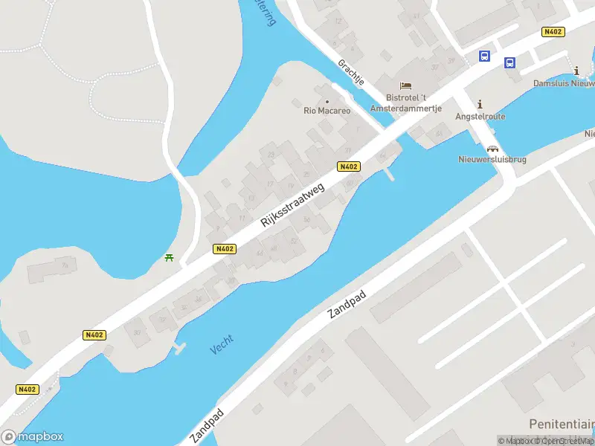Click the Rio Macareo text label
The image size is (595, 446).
tap(327, 111)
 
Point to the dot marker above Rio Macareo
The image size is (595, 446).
tap(327, 101)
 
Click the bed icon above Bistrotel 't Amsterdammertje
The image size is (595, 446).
tap(405, 86)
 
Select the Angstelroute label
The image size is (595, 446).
tap(480, 117)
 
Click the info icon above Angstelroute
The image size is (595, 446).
tap(480, 104)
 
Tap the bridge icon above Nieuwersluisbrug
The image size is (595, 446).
tap(492, 148)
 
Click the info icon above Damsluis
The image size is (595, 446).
tap(577, 71)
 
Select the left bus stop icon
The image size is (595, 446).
tap(484, 56)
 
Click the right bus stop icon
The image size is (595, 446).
tap(510, 63)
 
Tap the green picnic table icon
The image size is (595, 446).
tap(170, 258)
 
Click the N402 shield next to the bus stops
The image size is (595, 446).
tap(553, 31)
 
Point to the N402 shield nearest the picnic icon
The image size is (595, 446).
tap(224, 249)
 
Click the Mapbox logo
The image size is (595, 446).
tap(33, 437)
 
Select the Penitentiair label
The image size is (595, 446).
tap(562, 422)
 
